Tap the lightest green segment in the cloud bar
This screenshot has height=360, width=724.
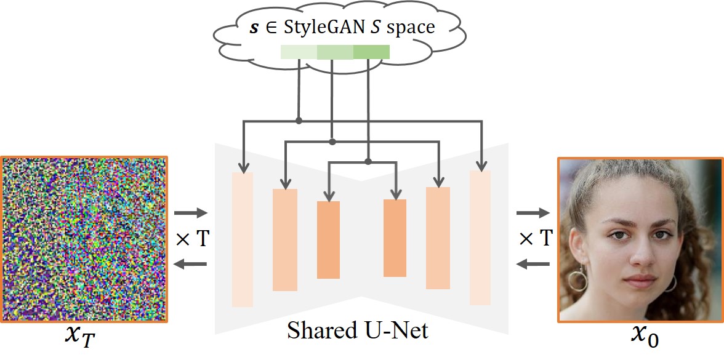tap(299, 52)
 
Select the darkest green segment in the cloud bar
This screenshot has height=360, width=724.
tap(371, 52)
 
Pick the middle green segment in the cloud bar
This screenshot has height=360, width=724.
tap(335, 52)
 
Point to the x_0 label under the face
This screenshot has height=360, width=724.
tap(645, 336)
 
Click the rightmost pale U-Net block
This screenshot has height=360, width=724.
tap(480, 238)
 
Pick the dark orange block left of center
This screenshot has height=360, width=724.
tap(328, 239)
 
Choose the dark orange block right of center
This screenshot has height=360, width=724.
tap(395, 238)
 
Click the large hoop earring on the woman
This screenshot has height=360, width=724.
tap(577, 280)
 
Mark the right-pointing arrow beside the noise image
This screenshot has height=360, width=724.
tap(191, 214)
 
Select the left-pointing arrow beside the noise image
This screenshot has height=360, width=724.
tap(191, 264)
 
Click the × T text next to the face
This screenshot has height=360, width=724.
tap(535, 238)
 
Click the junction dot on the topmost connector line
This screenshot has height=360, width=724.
tap(299, 121)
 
